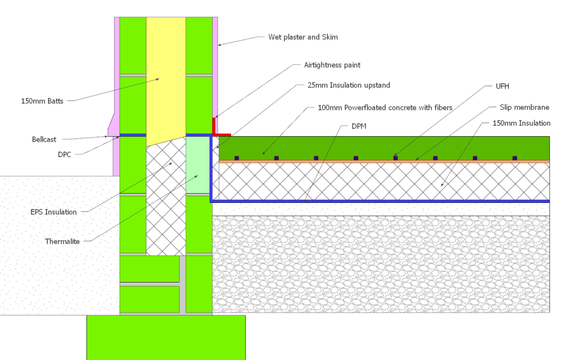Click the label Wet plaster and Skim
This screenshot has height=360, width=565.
pyautogui.click(x=302, y=37)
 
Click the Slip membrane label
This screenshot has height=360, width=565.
pyautogui.click(x=524, y=107)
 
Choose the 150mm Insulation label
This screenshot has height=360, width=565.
pyautogui.click(x=521, y=123)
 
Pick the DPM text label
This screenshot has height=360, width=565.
pyautogui.click(x=359, y=126)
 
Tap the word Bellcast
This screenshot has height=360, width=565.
pyautogui.click(x=44, y=138)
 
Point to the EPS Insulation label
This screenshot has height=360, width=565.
pyautogui.click(x=53, y=212)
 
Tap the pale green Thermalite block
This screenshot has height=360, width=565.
pyautogui.click(x=197, y=164)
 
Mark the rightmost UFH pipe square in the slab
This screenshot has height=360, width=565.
pyautogui.click(x=514, y=158)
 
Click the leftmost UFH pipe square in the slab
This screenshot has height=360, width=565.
pyautogui.click(x=237, y=158)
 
